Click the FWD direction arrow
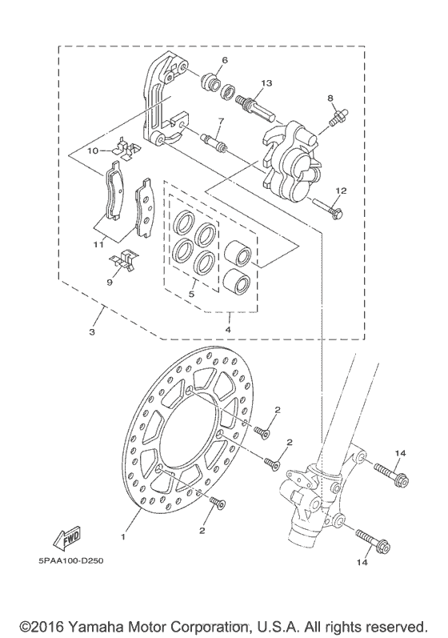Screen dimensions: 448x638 click(x=66, y=537)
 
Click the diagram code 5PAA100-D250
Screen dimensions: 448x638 click(x=71, y=560)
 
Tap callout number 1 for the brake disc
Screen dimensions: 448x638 click(x=123, y=537)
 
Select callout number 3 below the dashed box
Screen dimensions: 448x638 click(x=92, y=332)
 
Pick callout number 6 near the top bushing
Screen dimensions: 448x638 click(x=225, y=60)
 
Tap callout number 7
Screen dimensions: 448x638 click(x=221, y=121)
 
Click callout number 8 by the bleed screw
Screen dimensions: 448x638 click(x=330, y=98)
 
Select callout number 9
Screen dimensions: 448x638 click(x=110, y=282)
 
